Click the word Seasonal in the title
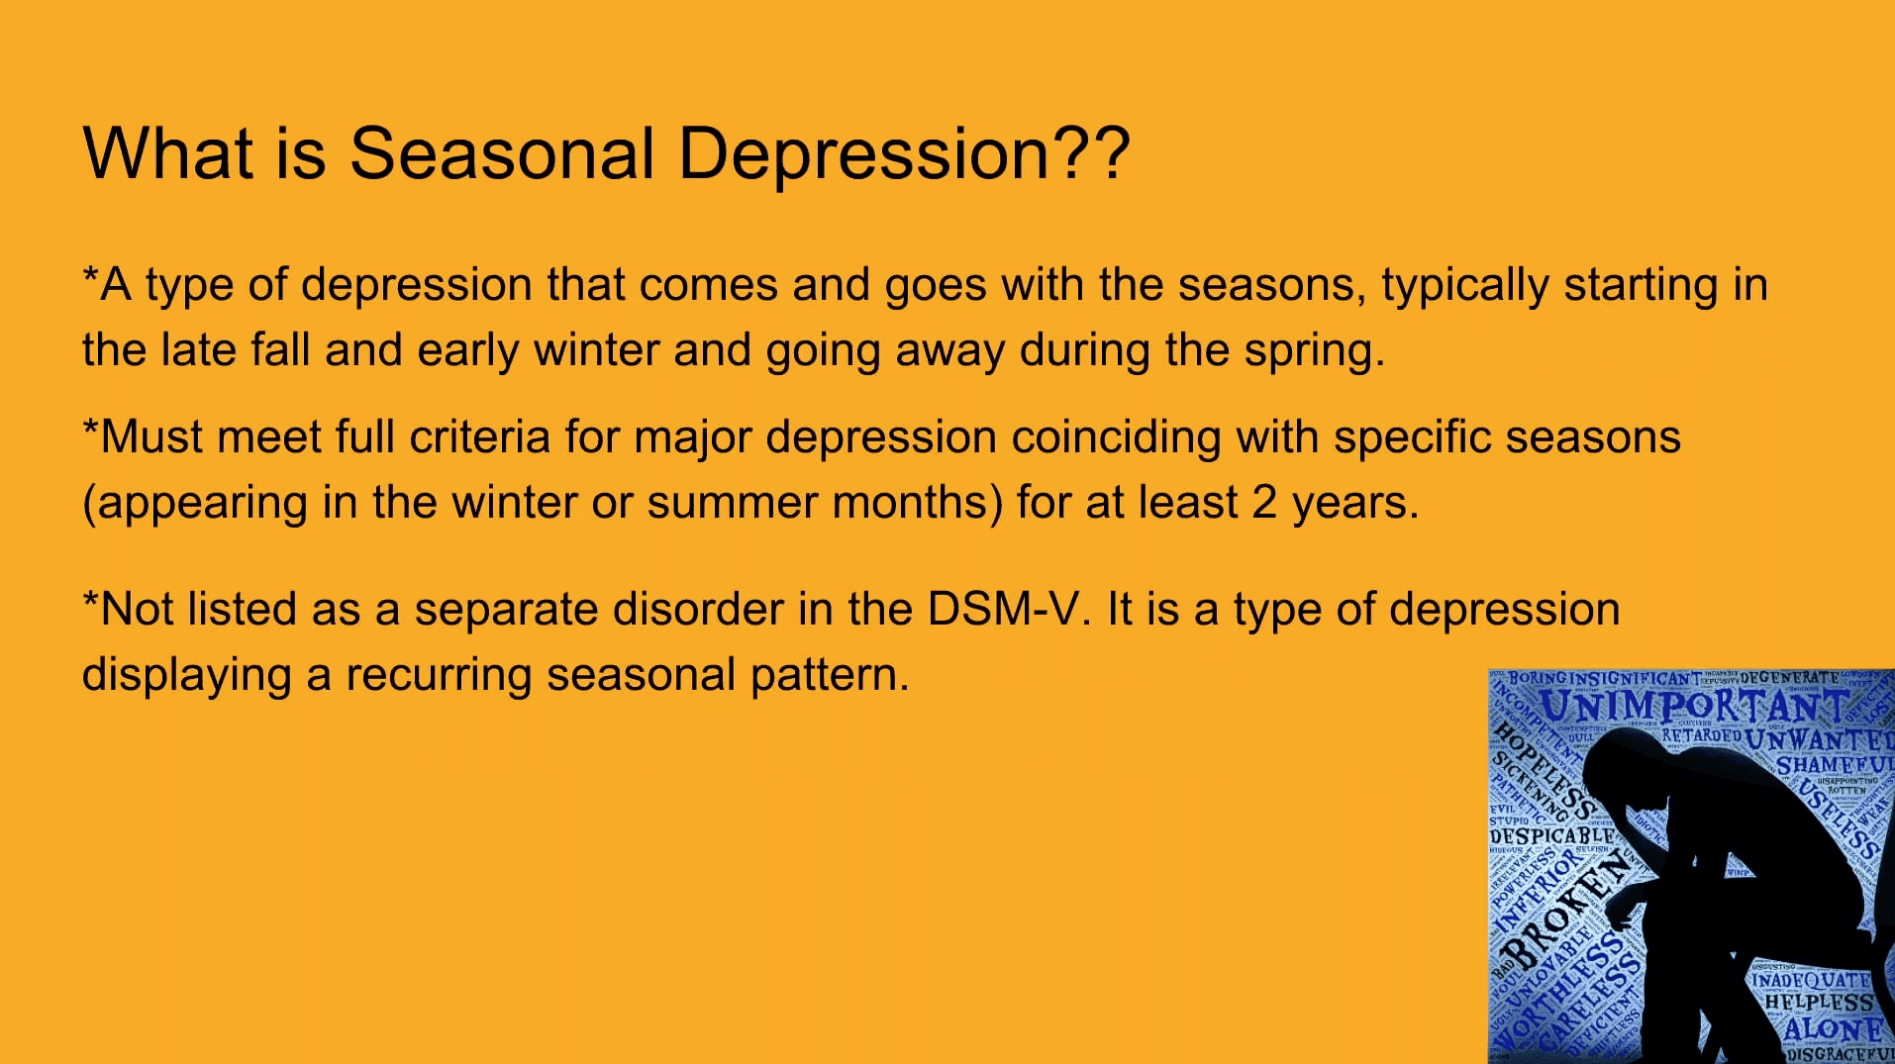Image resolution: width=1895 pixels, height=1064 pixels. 502,154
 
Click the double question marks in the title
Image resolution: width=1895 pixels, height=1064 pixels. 1092,154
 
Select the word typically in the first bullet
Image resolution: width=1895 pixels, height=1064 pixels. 1464,286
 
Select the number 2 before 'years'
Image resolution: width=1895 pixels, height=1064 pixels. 1264,503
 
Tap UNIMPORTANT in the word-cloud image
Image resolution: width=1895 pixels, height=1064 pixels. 1694,707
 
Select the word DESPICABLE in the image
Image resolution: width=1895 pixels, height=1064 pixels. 1550,836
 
